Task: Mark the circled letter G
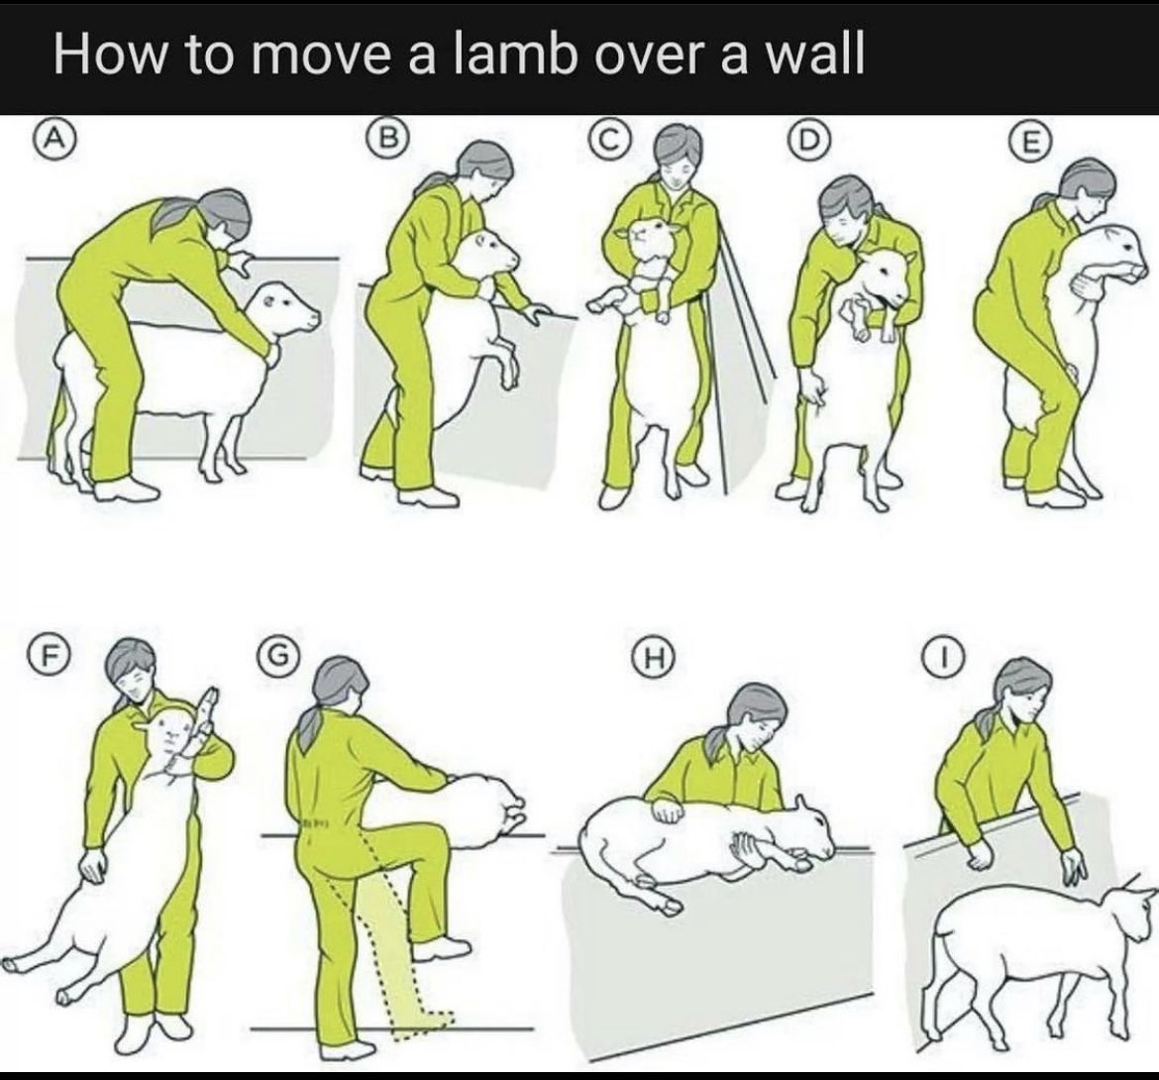(275, 654)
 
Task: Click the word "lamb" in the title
(515, 54)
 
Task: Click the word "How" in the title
(109, 54)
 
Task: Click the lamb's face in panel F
(171, 735)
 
